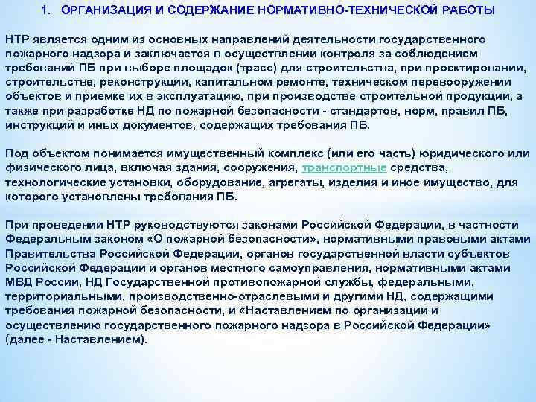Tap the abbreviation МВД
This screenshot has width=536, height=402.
[18, 283]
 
